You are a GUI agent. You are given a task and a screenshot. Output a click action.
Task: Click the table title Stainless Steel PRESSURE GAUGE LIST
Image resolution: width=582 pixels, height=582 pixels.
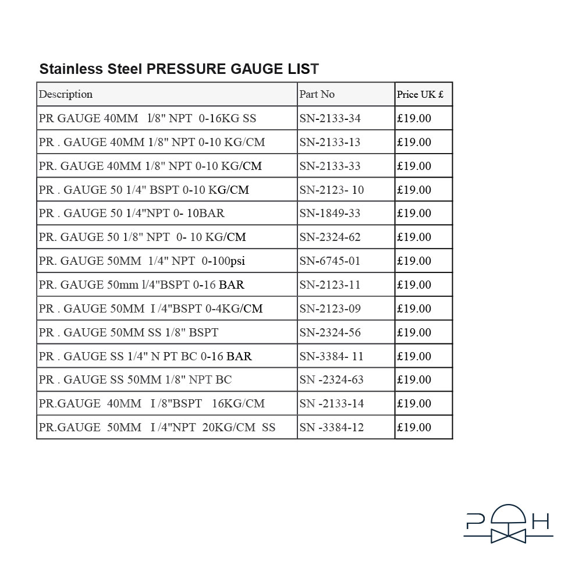(179, 69)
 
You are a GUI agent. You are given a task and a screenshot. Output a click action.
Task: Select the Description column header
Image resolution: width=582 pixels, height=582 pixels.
(66, 94)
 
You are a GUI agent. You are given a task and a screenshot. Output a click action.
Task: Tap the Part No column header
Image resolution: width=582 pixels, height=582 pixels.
(317, 94)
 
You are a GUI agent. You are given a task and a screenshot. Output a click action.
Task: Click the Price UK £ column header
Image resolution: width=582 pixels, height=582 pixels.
(420, 95)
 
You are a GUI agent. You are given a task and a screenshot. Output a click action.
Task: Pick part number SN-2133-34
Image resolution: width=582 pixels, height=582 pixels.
(330, 119)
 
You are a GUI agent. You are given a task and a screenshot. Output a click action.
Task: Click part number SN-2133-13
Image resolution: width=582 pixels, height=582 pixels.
(330, 143)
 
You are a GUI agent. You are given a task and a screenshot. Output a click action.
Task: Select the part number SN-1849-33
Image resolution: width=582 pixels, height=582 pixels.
(330, 214)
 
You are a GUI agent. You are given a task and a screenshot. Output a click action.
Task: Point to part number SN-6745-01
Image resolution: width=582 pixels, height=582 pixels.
(330, 261)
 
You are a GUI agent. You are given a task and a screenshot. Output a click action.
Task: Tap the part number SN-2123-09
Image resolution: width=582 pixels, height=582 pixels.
(330, 309)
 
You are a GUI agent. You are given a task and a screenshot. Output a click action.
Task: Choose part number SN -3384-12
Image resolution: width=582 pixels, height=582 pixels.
(332, 428)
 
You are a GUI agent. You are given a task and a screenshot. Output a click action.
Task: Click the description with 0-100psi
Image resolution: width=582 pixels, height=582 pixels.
(142, 261)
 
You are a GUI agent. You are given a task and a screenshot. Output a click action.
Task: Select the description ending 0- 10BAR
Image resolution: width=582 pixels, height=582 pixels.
(132, 214)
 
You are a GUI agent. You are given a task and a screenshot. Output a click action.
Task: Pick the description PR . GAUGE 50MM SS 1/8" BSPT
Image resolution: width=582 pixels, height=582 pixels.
(129, 333)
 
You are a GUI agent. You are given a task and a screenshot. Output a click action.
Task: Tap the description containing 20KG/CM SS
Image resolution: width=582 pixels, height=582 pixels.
(157, 428)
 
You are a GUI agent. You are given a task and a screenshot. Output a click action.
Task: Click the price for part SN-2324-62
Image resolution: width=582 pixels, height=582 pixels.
(414, 237)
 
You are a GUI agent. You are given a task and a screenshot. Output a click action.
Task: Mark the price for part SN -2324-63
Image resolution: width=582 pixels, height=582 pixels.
(414, 380)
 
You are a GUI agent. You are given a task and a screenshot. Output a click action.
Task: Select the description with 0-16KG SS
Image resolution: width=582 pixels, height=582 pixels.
(147, 119)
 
